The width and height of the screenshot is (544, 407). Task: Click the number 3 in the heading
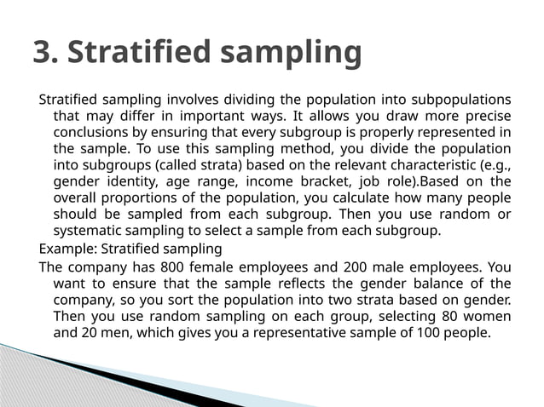coord(43,52)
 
